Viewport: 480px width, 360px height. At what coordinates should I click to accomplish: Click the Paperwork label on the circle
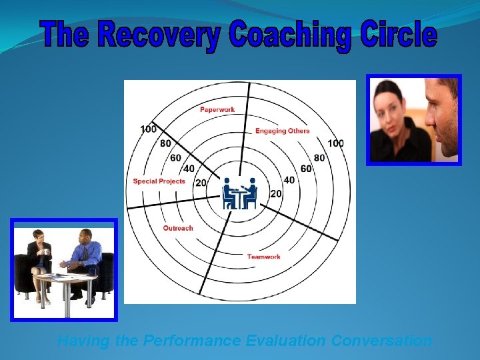217,109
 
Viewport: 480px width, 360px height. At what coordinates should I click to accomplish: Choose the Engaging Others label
282,131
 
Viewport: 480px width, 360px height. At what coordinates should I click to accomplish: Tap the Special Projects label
159,181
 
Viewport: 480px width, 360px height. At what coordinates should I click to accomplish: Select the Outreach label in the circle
178,228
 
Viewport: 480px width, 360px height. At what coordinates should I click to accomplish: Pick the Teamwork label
263,257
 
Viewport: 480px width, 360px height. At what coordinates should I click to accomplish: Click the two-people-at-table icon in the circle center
239,193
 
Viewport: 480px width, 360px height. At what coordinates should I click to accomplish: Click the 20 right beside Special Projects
200,183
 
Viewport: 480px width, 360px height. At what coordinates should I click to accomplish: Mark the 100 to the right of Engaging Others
335,143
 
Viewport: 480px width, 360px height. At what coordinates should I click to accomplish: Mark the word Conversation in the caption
381,341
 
